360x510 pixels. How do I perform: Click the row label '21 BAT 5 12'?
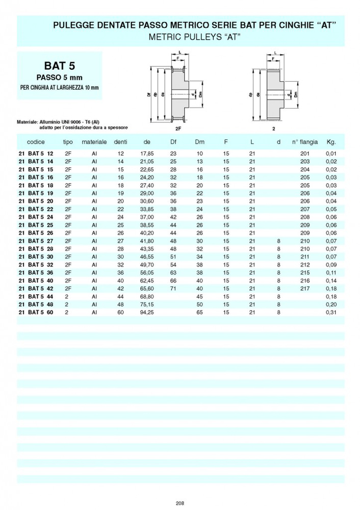(x=35, y=154)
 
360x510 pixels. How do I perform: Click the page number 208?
(x=179, y=503)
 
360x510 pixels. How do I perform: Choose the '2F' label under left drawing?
(x=177, y=129)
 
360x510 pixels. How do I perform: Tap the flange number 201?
(x=305, y=154)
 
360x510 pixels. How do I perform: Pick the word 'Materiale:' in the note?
(x=28, y=122)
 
